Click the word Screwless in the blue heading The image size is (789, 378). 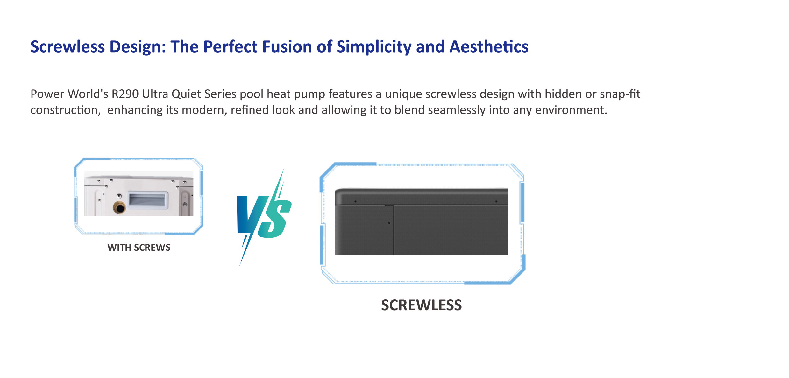tap(68, 47)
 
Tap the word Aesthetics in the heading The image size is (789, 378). tap(489, 47)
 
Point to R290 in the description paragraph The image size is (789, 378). tap(125, 94)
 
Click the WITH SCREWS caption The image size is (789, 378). tap(139, 248)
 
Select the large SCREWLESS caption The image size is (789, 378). tap(421, 305)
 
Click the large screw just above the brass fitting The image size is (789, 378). tap(119, 196)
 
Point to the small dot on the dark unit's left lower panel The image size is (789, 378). tap(389, 223)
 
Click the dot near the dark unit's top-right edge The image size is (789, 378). tap(496, 201)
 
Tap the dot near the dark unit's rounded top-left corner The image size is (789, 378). tap(356, 201)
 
